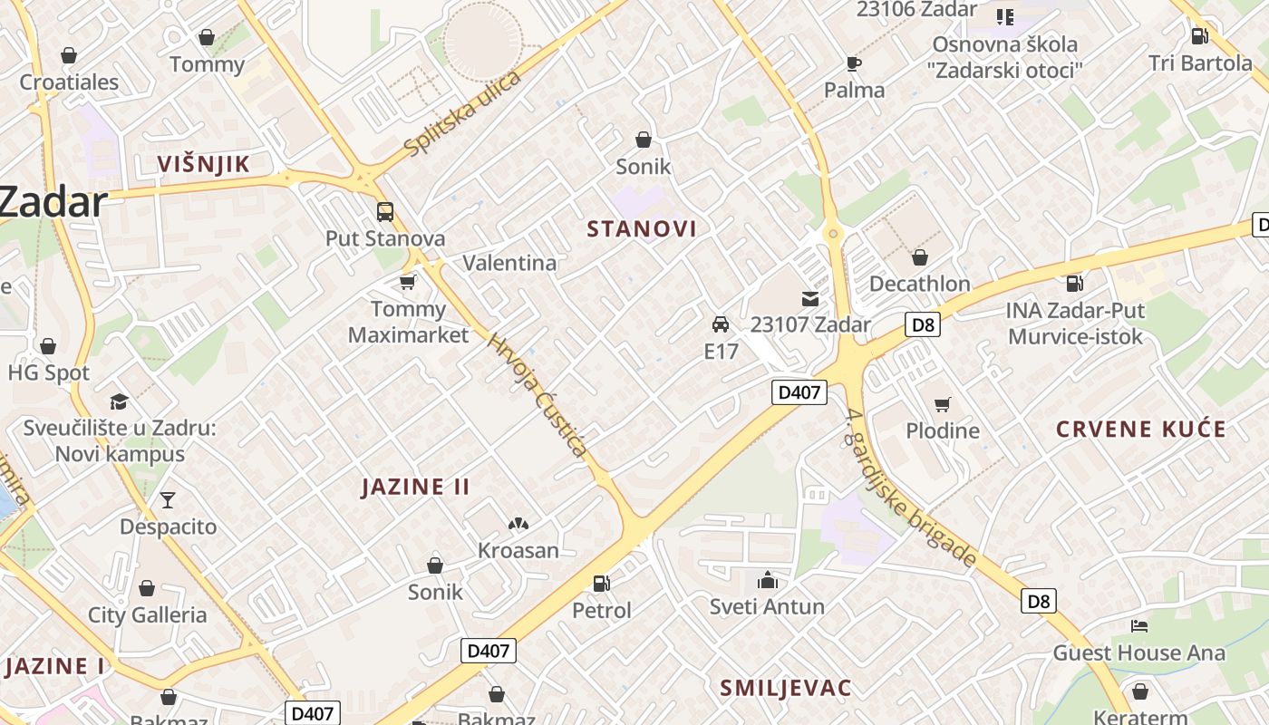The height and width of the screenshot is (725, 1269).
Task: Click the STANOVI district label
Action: click(642, 229)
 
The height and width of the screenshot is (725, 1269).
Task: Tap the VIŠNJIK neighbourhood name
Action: click(202, 164)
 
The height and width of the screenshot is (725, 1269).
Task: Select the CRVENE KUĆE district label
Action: click(1140, 430)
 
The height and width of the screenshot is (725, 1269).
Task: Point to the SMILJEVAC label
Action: click(786, 688)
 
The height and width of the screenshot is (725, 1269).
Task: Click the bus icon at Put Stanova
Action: click(385, 212)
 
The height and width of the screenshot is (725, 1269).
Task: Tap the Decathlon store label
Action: click(919, 284)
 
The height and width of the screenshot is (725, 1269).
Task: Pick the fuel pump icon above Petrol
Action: click(601, 584)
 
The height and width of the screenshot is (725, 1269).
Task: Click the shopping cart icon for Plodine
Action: click(943, 404)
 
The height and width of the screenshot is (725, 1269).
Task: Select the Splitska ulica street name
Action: click(462, 113)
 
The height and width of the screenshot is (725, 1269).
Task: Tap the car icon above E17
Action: click(721, 324)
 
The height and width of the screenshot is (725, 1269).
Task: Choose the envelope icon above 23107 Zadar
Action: click(809, 298)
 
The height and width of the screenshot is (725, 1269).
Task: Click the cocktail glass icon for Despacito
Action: click(168, 499)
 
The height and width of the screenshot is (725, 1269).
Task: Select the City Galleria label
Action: click(147, 615)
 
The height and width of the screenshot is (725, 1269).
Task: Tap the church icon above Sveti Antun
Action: click(768, 580)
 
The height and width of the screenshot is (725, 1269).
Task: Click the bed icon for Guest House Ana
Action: click(1139, 625)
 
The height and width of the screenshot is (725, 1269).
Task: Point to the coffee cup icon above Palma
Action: click(854, 63)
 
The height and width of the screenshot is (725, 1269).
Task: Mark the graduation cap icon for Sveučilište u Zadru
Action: click(119, 401)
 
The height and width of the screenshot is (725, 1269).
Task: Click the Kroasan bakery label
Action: click(518, 550)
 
